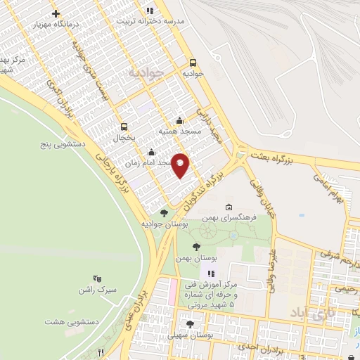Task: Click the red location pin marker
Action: [181, 165]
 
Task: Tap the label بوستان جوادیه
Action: [164, 224]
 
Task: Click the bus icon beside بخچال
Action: [124, 127]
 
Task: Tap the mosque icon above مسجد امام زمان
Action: [151, 152]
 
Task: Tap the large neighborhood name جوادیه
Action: [146, 72]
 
